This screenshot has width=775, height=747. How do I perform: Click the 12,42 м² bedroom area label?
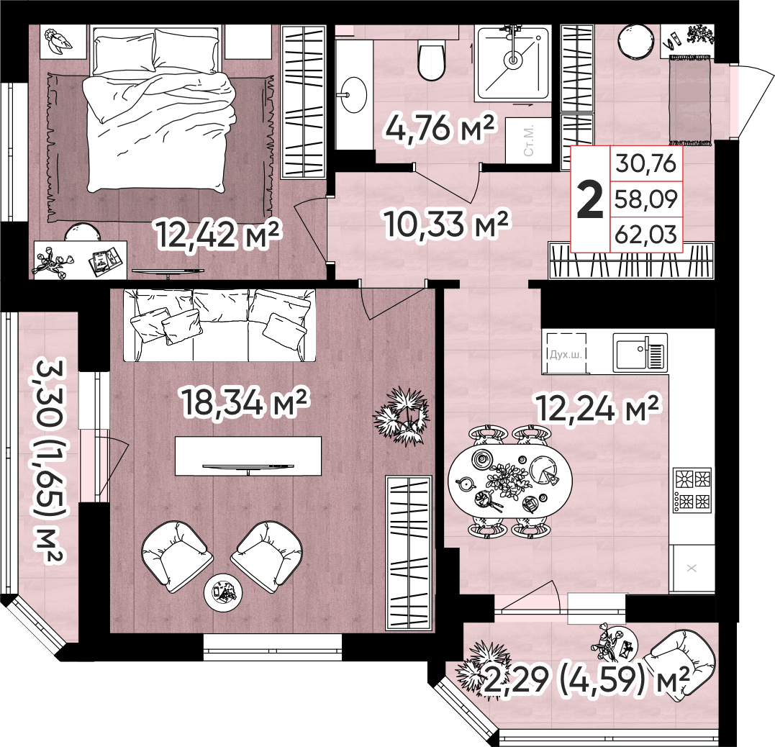pos(219,235)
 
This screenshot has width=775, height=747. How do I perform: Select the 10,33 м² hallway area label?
pos(446,224)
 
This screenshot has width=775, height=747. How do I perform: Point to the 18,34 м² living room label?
pos(245,402)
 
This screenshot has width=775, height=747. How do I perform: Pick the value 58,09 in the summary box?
pos(646,199)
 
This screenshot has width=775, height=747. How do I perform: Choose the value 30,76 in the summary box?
pos(646,163)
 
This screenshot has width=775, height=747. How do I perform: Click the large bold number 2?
pos(590,199)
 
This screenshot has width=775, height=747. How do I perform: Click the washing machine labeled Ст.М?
pos(528,140)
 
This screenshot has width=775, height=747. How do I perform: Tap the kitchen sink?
pos(640,352)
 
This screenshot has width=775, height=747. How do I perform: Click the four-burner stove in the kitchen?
pos(692,490)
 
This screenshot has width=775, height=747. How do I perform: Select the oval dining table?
pos(510,480)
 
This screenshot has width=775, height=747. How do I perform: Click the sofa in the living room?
pos(219,325)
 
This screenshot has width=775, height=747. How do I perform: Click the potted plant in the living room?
pos(401,417)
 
